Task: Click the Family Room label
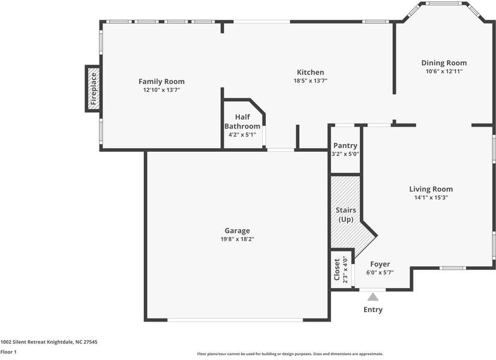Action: [x=161, y=82]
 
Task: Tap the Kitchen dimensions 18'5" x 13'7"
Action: [x=310, y=80]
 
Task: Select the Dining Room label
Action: [x=444, y=63]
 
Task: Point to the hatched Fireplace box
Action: [x=93, y=89]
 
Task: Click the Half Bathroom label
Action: [x=242, y=121]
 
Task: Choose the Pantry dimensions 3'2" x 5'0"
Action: [x=345, y=154]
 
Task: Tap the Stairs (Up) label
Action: [x=345, y=214]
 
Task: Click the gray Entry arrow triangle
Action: [x=373, y=297]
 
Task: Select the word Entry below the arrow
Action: [x=373, y=310]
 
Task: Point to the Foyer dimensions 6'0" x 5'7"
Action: [x=380, y=272]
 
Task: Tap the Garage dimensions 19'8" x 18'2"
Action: [x=238, y=239]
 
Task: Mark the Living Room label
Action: [x=431, y=189]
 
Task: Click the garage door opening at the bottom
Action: [x=235, y=320]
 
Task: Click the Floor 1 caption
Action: [x=8, y=352]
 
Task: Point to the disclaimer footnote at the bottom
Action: [x=290, y=354]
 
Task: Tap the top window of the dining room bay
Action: [x=443, y=4]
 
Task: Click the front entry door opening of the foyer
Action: [x=372, y=289]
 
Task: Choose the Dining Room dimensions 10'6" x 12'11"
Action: [x=444, y=71]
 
